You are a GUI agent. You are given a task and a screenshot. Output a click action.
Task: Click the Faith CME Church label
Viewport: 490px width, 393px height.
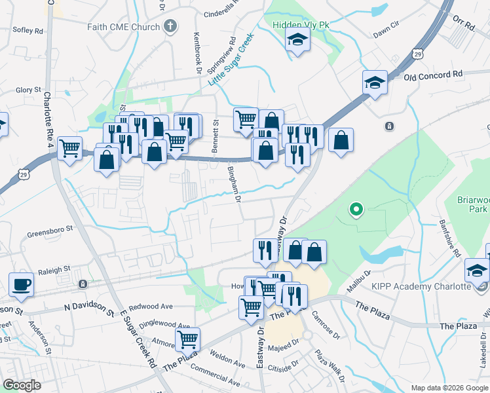tap(123, 27)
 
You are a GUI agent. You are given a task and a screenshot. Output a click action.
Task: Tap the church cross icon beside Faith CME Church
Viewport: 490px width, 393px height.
tap(170, 27)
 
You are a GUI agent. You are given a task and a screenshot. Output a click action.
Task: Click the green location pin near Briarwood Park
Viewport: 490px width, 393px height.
tap(356, 210)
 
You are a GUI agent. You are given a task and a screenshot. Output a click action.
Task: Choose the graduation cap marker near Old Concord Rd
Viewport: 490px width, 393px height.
tap(374, 83)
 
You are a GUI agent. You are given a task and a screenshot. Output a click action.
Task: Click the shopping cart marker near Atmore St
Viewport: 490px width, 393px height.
tap(188, 339)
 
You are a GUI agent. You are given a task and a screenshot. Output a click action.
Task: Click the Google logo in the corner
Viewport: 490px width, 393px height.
tap(22, 385)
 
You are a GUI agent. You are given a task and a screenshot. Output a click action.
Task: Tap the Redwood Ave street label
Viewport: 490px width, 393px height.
tap(151, 306)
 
